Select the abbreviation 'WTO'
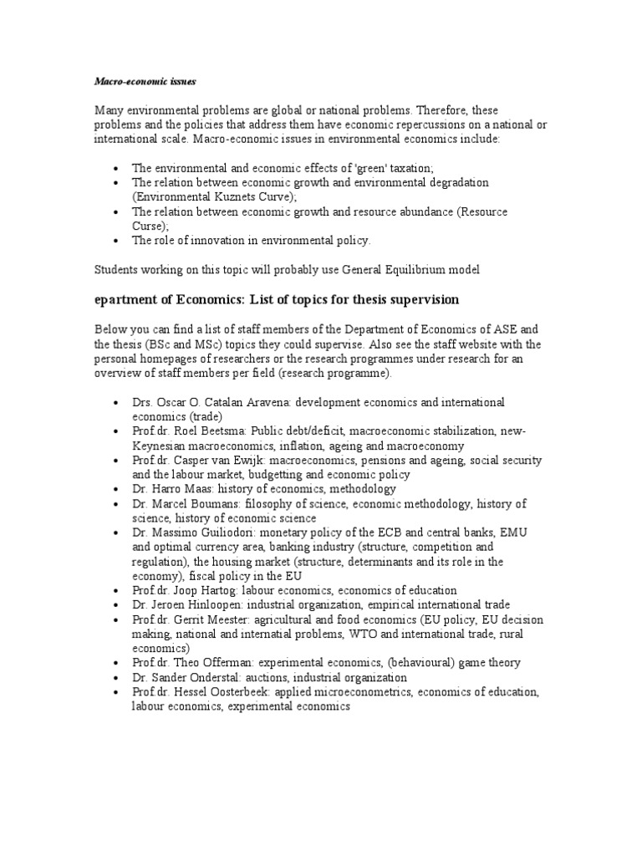372,634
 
